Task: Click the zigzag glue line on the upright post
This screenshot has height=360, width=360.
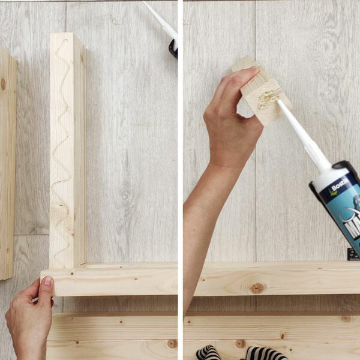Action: click(x=62, y=150)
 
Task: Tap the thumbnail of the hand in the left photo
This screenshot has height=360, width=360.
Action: click(x=47, y=281)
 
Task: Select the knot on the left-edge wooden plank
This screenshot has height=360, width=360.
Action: click(x=2, y=84)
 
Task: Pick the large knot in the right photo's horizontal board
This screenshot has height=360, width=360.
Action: click(x=257, y=288)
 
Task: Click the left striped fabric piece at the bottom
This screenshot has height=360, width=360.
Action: click(x=208, y=353)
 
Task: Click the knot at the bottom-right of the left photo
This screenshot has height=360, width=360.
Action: click(x=172, y=344)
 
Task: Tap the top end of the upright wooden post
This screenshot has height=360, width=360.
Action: click(x=67, y=38)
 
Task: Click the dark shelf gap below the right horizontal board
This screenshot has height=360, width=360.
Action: click(x=276, y=304)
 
